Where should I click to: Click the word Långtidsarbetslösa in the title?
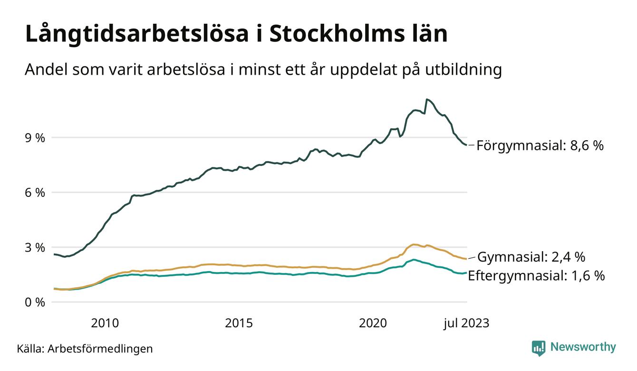135,34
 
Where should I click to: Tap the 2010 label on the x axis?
105,323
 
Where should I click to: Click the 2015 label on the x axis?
239,323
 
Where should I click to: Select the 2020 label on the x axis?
373,323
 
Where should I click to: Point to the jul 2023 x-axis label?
466,323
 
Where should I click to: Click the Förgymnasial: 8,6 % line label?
540,146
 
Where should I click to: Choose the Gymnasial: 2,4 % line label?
531,257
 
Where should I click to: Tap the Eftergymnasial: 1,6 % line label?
536,275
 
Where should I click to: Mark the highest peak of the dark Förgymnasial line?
427,99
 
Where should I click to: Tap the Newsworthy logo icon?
539,348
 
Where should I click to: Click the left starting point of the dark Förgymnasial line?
54,254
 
